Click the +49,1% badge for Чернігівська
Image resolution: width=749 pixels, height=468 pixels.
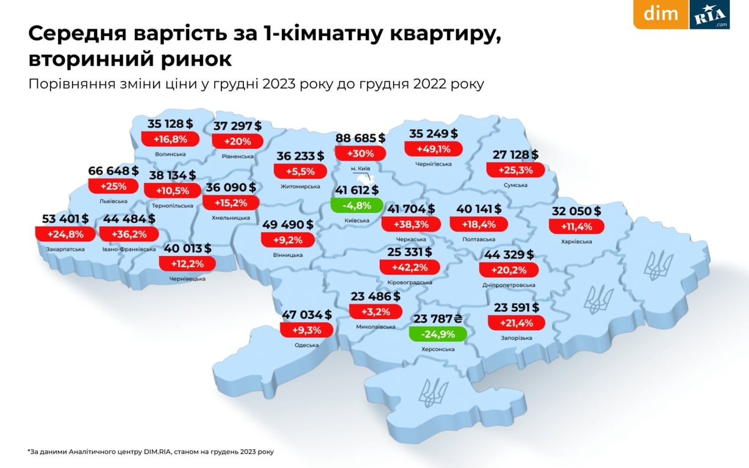(433, 149)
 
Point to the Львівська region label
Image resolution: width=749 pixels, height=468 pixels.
(113, 200)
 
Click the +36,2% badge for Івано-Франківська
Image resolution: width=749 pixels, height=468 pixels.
(129, 233)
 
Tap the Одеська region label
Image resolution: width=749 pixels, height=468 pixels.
(307, 346)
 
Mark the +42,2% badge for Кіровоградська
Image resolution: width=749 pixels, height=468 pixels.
(409, 266)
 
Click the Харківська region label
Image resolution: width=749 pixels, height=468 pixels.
(576, 242)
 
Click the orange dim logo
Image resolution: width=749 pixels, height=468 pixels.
(661, 14)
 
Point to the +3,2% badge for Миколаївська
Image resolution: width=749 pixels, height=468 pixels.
(375, 311)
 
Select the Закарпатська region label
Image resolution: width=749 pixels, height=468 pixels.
(65, 249)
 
